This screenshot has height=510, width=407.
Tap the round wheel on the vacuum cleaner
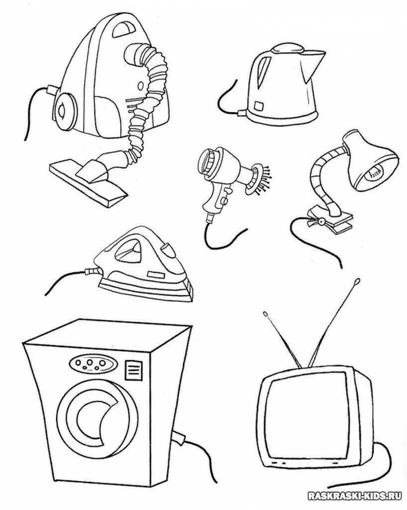pyautogui.click(x=63, y=110)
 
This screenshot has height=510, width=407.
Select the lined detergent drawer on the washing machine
pyautogui.click(x=134, y=370)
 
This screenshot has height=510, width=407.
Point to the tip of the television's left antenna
pyautogui.click(x=265, y=313)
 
